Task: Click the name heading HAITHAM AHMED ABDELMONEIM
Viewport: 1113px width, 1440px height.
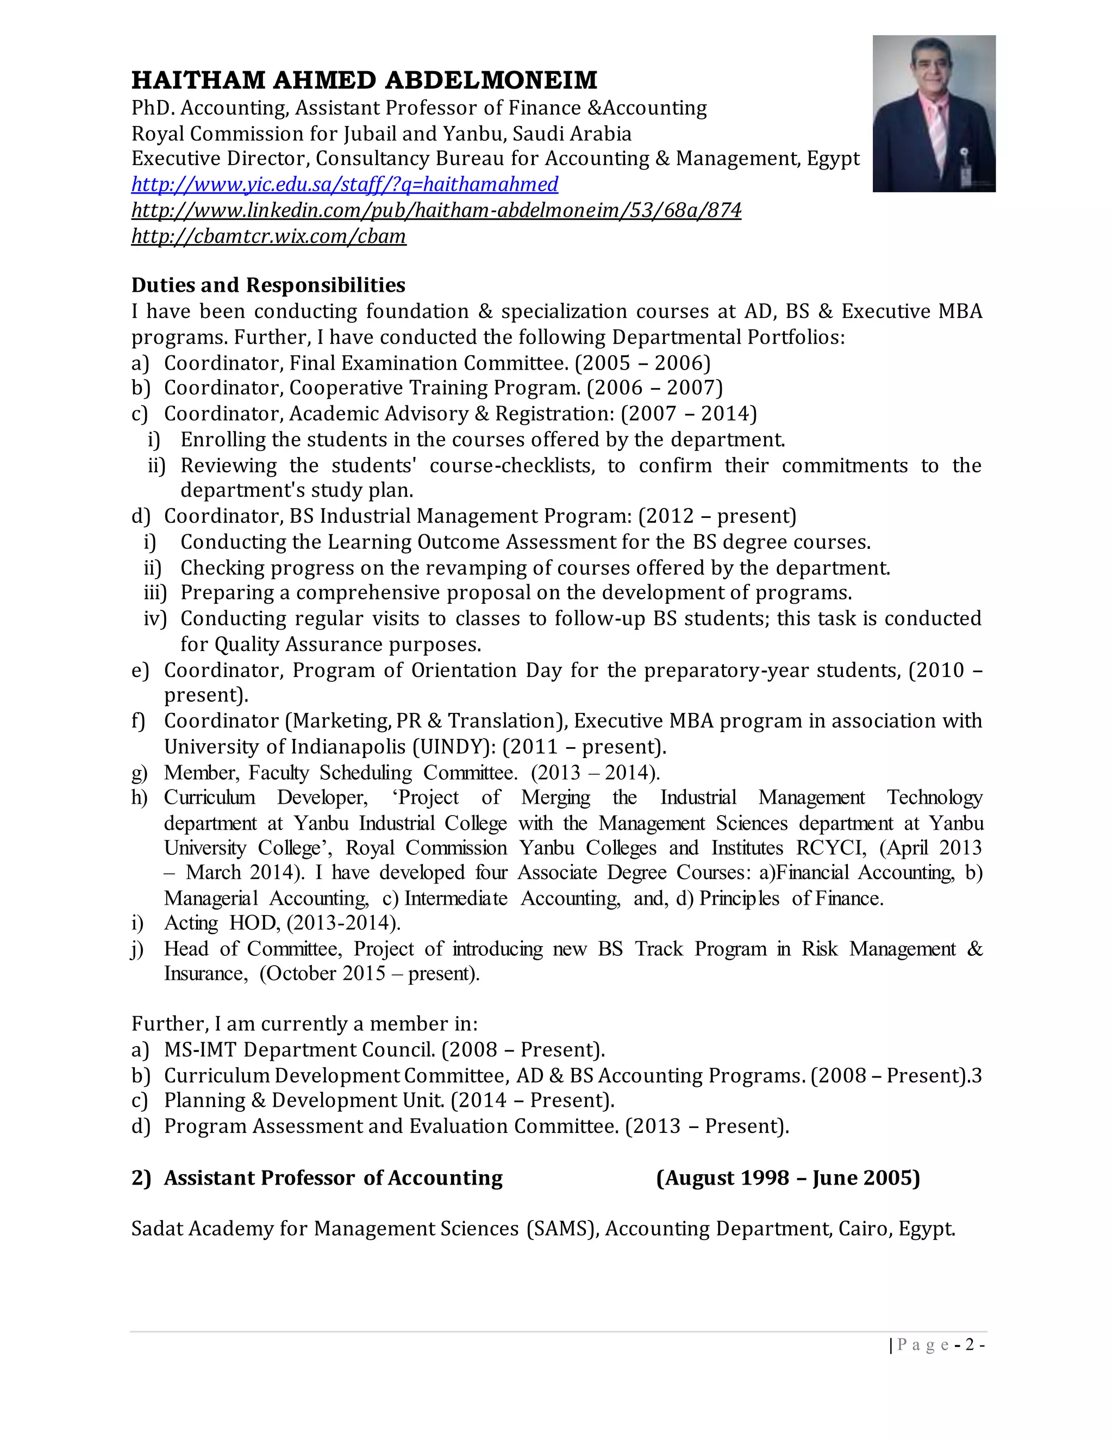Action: pyautogui.click(x=364, y=80)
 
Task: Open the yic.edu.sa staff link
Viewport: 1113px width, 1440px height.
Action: pyautogui.click(x=344, y=184)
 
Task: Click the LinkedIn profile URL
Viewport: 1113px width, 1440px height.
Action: pyautogui.click(x=436, y=210)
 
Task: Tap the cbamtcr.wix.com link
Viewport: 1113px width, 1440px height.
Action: pyautogui.click(x=268, y=236)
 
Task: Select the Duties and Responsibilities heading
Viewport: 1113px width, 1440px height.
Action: pyautogui.click(x=268, y=285)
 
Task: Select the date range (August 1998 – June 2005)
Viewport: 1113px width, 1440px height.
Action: pyautogui.click(x=787, y=1178)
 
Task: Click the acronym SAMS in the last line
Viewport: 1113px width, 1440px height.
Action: pyautogui.click(x=561, y=1229)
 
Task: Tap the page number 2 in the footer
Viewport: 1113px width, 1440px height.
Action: pyautogui.click(x=970, y=1344)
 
